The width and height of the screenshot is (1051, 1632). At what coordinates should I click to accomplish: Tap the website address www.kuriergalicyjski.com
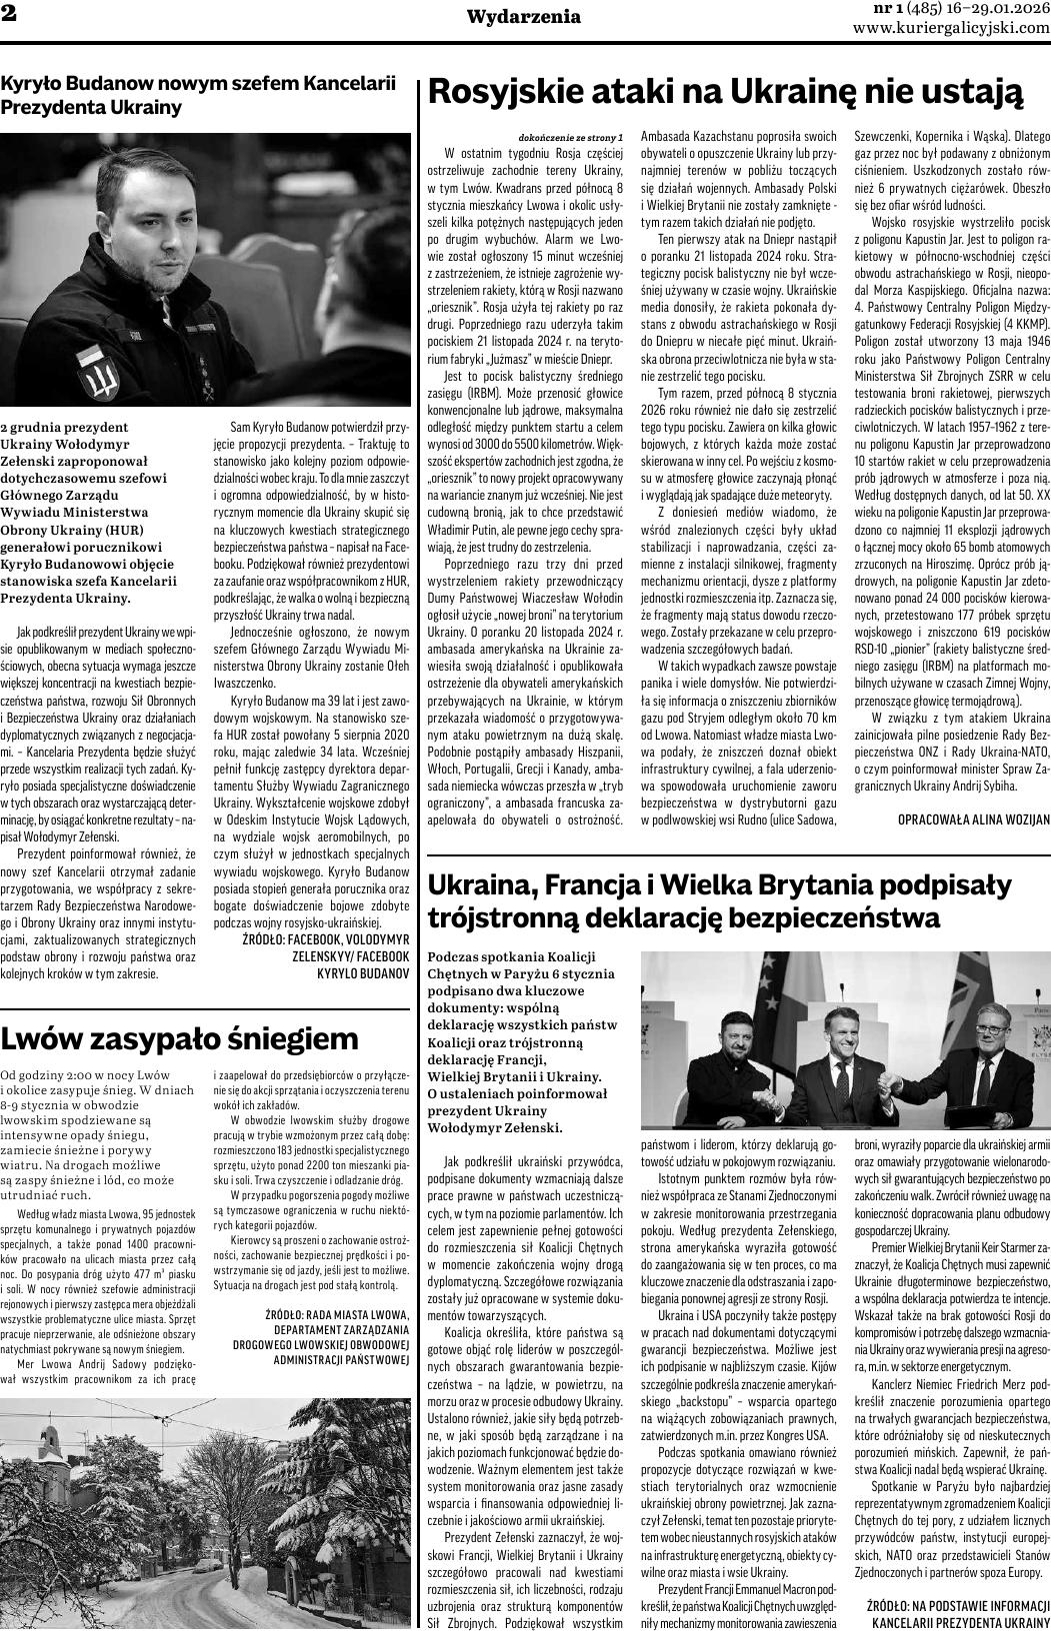(951, 28)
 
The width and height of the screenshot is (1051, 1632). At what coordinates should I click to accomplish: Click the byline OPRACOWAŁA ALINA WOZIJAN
(974, 819)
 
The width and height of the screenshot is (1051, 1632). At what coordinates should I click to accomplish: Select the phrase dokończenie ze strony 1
(571, 137)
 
